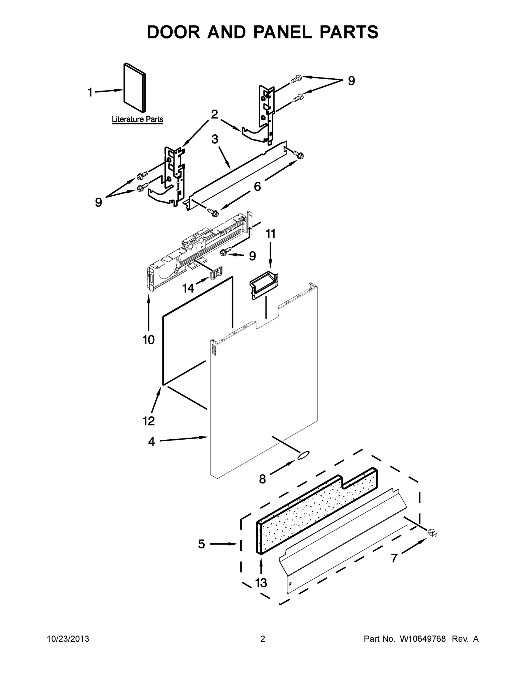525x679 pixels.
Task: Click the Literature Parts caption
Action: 138,119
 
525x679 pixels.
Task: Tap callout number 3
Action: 215,139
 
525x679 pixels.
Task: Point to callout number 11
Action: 271,233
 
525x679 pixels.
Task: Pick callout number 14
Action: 188,289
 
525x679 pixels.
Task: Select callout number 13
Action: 261,583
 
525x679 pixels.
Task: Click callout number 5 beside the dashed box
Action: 202,544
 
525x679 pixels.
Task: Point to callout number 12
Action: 149,421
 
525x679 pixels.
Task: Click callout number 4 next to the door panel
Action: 151,441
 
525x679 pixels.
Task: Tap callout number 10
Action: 149,340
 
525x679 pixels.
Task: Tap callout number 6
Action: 258,186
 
